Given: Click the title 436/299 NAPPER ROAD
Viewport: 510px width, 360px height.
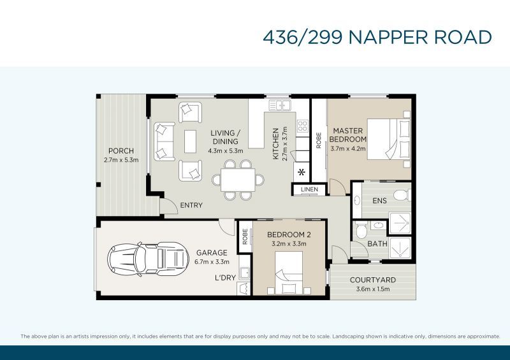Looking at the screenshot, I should [x=377, y=36].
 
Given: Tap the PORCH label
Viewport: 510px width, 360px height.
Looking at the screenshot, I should [x=121, y=151].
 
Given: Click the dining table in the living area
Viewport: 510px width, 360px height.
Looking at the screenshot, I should [x=237, y=179].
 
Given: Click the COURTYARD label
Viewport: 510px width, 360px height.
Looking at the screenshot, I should [x=373, y=280].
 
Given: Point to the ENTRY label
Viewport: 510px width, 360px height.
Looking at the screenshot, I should [x=191, y=205].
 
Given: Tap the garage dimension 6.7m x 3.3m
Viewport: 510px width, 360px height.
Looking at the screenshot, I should [x=212, y=261].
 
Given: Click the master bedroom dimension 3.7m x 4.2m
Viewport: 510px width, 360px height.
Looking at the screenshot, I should [x=348, y=148].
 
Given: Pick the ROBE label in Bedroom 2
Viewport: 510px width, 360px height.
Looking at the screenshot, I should [x=245, y=237].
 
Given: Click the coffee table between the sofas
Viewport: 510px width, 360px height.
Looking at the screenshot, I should [x=190, y=141].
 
